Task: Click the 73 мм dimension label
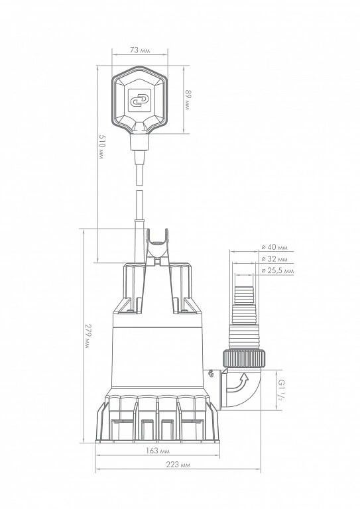pos(140,50)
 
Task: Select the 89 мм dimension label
pos(188,99)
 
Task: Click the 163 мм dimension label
pos(157,451)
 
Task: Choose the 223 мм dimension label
pos(178,465)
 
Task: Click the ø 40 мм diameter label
pos(274,247)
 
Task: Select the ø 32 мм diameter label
pos(274,259)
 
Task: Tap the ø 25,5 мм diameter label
pos(278,270)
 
